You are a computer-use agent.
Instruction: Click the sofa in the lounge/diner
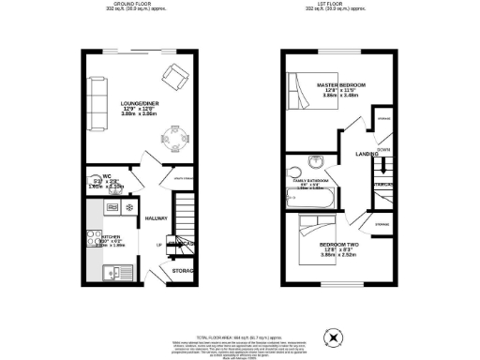point(95,101)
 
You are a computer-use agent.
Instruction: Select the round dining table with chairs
point(173,138)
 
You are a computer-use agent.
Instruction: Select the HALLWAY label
point(157,218)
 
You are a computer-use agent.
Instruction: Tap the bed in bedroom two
point(309,238)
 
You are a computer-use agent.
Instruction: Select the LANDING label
point(367,154)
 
